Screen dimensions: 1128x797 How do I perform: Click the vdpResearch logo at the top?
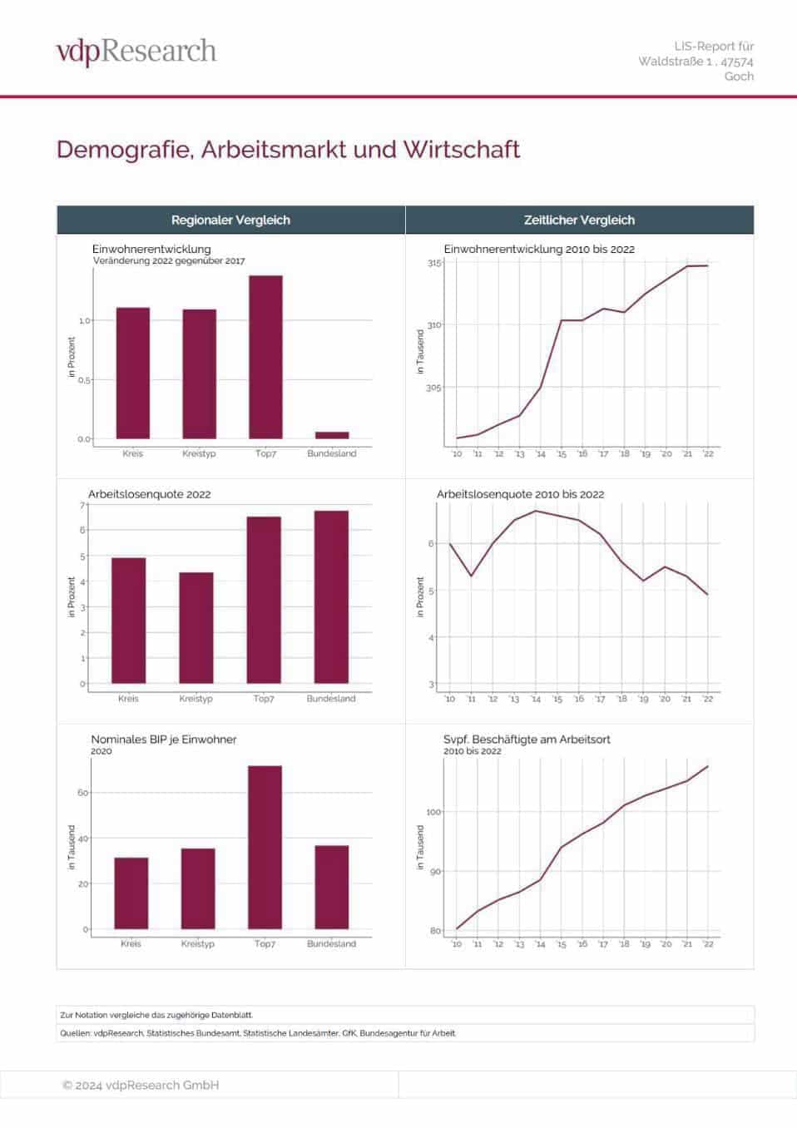136,52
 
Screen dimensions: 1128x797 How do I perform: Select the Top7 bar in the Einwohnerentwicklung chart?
265,357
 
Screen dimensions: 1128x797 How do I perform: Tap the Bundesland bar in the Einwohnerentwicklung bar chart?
332,435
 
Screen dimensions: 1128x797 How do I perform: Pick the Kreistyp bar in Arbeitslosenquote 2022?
196,628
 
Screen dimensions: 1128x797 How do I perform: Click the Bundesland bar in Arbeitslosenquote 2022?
331,597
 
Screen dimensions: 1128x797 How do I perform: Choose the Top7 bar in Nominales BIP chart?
265,847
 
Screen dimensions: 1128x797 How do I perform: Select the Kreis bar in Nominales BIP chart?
131,893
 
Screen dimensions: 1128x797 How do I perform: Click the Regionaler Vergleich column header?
230,220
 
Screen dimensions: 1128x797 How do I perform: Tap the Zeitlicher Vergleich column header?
579,220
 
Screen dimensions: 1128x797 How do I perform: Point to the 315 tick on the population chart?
434,264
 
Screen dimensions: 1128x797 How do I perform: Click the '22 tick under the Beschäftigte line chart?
708,944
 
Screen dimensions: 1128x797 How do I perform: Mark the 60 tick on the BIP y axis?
83,793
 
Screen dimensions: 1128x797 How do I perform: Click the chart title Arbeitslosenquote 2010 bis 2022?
520,494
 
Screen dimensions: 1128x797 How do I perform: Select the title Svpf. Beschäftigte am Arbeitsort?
527,739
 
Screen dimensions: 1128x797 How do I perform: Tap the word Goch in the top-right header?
739,77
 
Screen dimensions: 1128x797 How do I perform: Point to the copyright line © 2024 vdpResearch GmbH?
141,1085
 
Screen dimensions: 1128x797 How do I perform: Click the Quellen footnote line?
258,1033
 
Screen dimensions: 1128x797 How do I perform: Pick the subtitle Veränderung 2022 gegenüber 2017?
169,261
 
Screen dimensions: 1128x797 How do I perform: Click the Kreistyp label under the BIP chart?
198,944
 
